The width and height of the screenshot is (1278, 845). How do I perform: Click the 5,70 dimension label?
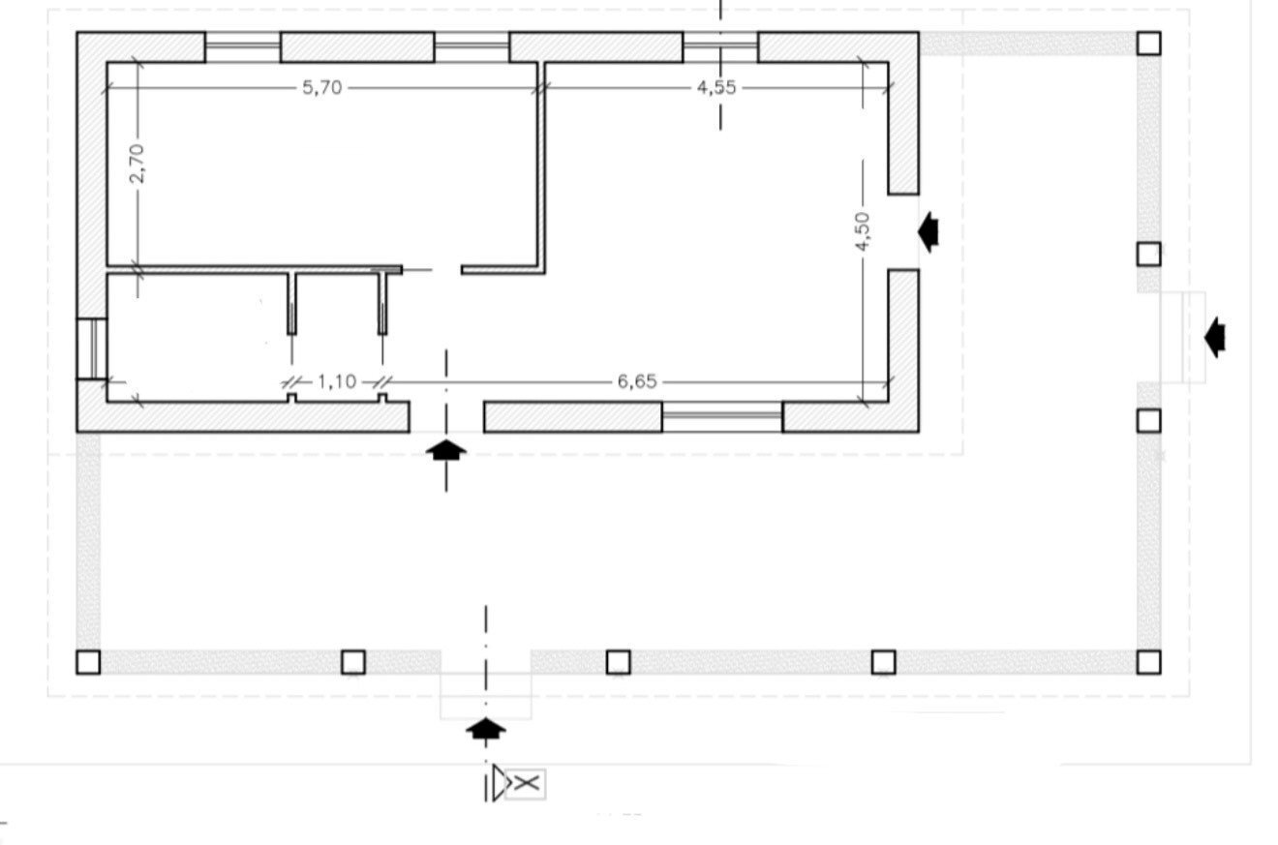point(322,87)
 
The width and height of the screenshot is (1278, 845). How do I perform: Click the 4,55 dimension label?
point(716,87)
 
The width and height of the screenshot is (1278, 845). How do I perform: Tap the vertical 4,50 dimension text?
point(863,231)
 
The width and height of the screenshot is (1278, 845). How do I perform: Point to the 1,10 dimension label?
point(336,381)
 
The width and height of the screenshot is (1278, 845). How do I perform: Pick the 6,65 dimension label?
point(637,381)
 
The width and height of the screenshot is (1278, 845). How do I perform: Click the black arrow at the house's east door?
point(928,231)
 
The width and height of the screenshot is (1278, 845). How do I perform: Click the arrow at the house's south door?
point(446,449)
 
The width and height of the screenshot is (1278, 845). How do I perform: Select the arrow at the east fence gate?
point(1215,337)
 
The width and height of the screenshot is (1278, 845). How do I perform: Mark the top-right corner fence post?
point(1148,43)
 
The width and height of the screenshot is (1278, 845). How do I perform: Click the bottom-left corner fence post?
point(88,662)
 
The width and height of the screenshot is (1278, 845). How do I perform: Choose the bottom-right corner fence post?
point(1148,662)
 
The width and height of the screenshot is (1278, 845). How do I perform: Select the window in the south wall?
point(722,417)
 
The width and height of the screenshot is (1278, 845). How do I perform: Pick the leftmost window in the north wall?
point(242,46)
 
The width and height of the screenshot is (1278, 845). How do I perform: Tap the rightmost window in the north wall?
point(720,46)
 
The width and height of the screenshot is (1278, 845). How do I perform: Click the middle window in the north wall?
point(472,46)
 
